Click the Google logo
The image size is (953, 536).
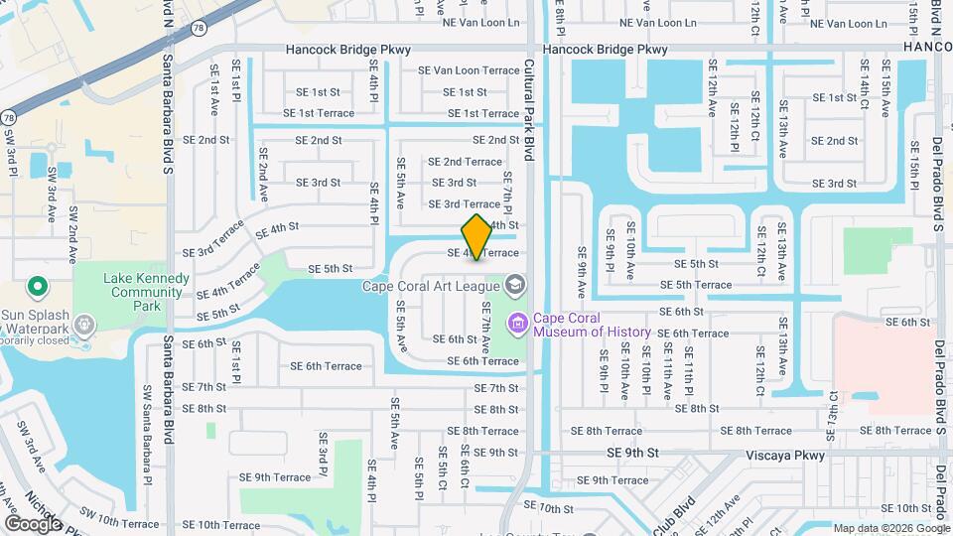33,523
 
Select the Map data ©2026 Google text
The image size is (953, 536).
890,528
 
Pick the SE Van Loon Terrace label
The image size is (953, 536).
469,70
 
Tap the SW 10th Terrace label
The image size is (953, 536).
115,523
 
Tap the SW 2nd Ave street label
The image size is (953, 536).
73,235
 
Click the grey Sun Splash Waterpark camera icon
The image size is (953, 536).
84,324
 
